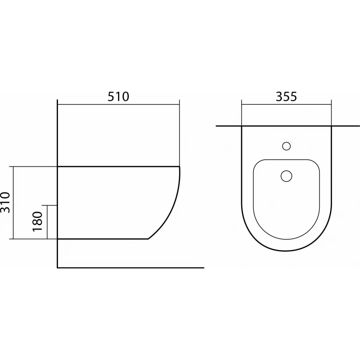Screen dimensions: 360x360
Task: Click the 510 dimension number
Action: pos(118,96)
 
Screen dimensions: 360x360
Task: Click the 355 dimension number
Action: pos(286,96)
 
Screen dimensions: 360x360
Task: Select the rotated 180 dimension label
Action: pos(37,222)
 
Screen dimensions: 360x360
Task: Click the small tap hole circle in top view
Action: pos(286,146)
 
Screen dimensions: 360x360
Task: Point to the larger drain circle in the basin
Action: pos(286,176)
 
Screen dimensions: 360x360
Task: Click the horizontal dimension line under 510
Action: pos(118,105)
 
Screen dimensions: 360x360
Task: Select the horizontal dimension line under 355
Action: pos(286,105)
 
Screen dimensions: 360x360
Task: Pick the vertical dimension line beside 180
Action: pos(48,222)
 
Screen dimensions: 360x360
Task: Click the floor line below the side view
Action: pos(132,268)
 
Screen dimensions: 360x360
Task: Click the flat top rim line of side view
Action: pos(118,166)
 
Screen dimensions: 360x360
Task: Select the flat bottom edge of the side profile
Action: pos(104,239)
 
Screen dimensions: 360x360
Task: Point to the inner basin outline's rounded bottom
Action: pos(286,240)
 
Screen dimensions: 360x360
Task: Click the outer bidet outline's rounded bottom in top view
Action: pos(286,251)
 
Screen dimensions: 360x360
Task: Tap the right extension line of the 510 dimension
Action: pos(179,132)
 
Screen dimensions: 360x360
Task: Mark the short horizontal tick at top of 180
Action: pos(52,205)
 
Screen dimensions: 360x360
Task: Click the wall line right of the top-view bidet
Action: pos(346,126)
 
